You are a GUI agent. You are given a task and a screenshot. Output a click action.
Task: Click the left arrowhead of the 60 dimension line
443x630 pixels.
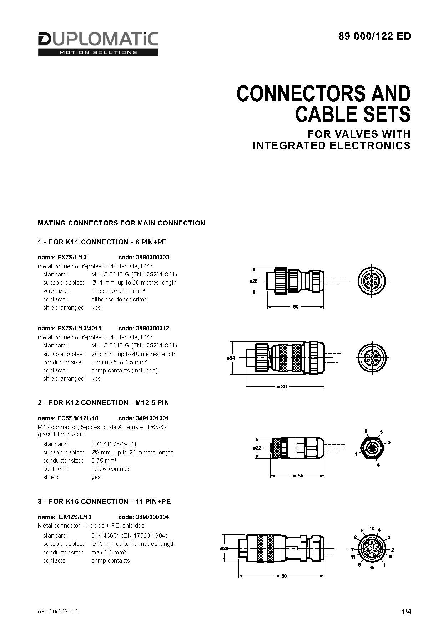[268, 306]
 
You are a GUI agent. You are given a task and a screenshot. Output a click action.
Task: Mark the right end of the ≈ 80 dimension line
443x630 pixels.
[324, 387]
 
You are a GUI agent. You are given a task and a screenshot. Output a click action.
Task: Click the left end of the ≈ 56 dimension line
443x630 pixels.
[271, 476]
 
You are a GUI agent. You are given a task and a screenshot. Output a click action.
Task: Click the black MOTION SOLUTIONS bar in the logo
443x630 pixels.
[98, 52]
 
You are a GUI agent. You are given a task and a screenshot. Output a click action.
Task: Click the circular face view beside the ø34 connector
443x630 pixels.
[372, 357]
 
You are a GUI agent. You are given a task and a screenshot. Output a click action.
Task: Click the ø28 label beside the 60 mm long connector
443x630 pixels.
[253, 281]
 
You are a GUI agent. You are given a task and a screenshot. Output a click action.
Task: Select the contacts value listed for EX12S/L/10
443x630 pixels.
[111, 560]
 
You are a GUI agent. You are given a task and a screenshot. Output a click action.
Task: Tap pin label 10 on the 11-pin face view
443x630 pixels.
[372, 528]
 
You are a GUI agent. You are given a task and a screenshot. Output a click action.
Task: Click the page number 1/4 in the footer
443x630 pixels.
[406, 612]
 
